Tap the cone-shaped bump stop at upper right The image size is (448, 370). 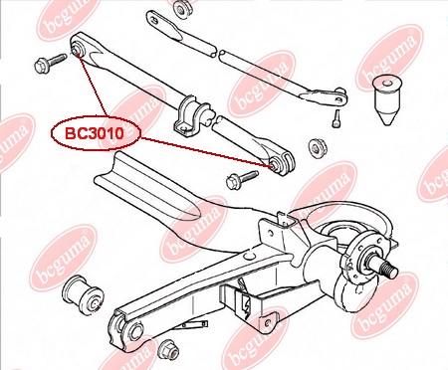pos(386,99)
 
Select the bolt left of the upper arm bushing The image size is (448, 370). pos(51,63)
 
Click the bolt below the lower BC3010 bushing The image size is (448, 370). pos(242,179)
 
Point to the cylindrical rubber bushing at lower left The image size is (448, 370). pos(83,293)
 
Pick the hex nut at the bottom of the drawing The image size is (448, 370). pos(168,349)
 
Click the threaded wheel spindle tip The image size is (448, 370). pos(389,269)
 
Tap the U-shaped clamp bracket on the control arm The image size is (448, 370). pos(192,116)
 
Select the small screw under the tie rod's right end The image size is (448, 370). pos(336,118)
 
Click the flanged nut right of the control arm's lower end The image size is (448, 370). pos(318,147)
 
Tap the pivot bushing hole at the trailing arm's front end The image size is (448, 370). pos(133,331)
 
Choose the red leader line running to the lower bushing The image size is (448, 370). pos(206,152)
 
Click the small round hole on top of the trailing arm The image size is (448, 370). pos(250,256)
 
